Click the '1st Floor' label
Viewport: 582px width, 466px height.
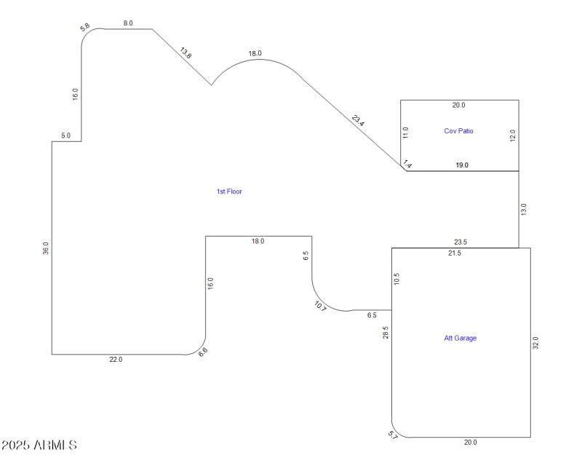point(229,191)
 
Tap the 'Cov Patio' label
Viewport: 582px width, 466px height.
point(458,131)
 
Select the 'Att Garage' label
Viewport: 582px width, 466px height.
point(460,338)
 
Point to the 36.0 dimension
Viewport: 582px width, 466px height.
point(46,248)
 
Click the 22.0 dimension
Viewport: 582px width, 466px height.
point(116,360)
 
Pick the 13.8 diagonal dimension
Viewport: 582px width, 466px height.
point(186,52)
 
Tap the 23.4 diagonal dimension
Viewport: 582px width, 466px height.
point(357,120)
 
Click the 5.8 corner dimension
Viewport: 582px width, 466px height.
point(85,27)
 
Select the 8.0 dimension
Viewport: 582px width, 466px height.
point(128,23)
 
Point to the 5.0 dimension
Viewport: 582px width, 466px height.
point(65,135)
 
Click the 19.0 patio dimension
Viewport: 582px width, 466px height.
point(462,165)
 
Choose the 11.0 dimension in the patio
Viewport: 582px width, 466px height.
point(406,133)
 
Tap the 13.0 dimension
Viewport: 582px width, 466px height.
point(524,210)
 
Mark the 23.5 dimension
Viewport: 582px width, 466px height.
point(460,242)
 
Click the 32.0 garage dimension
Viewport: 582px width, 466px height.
point(536,343)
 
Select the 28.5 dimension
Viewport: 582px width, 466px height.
point(386,333)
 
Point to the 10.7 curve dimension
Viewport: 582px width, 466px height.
point(321,306)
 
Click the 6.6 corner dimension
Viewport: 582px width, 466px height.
point(203,351)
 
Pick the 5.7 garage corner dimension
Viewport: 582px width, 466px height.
point(393,435)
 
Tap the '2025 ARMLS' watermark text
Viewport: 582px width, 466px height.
point(39,444)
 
